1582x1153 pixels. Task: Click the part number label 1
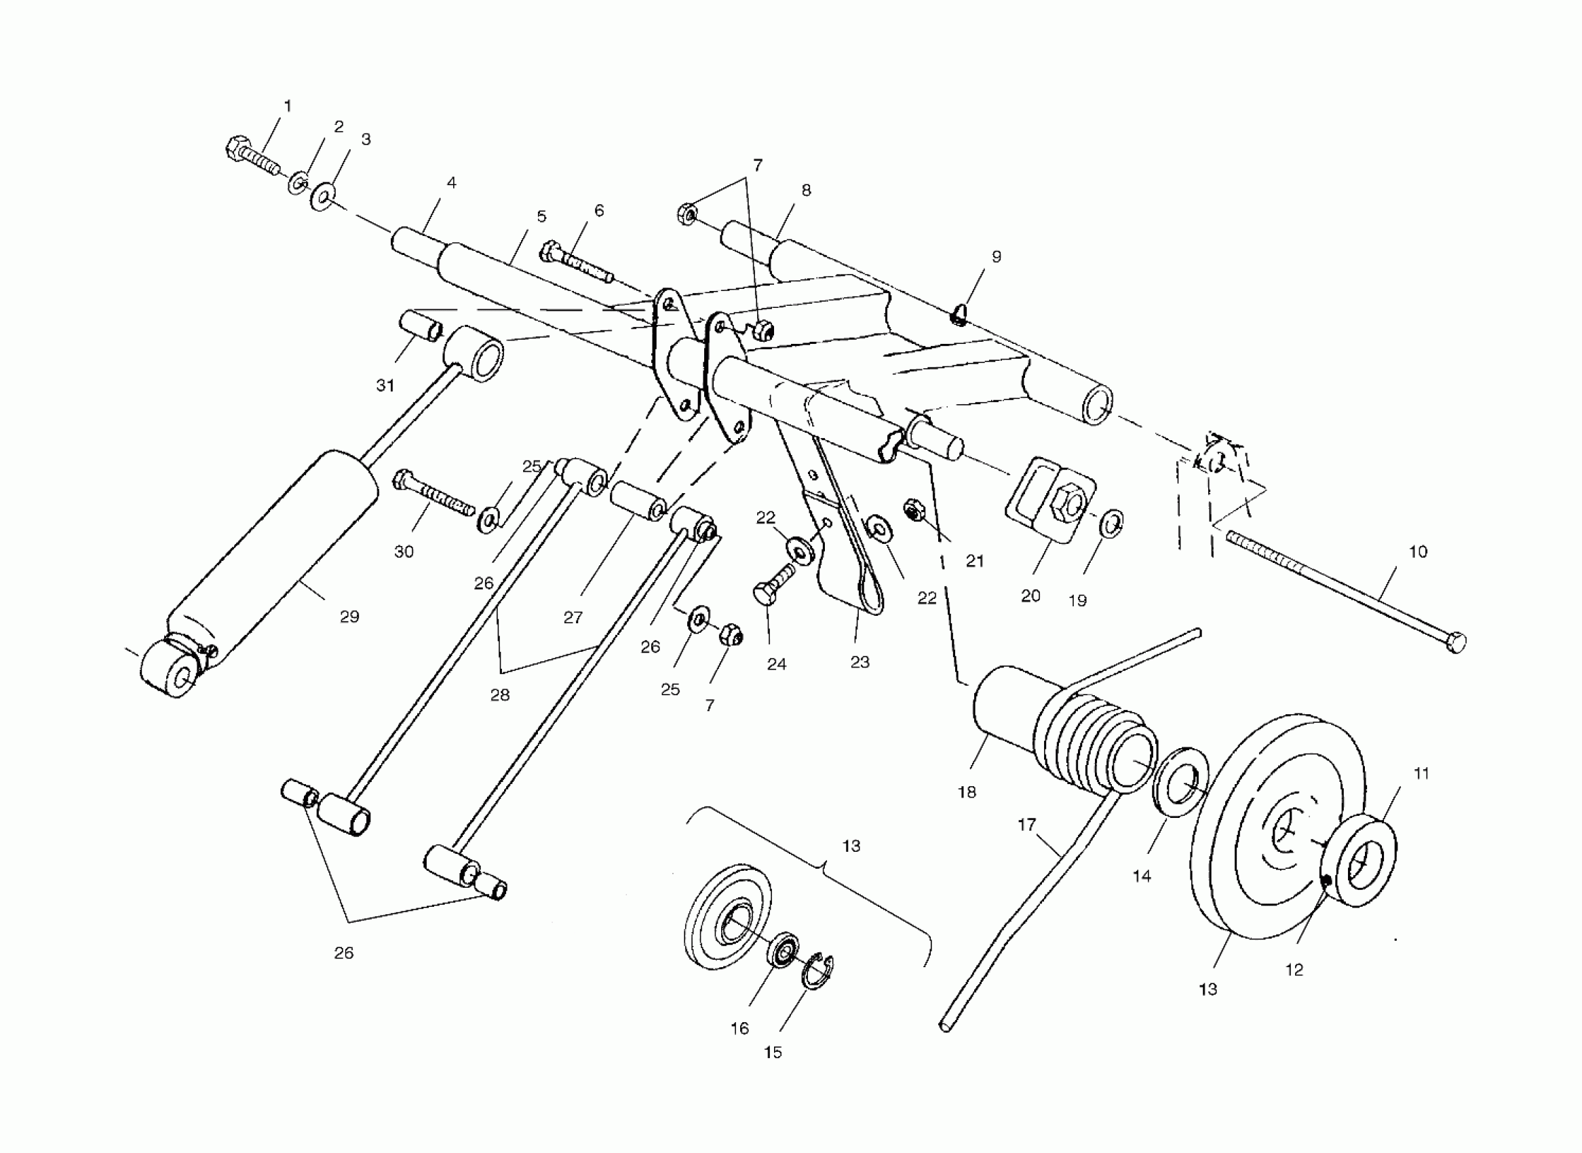(287, 106)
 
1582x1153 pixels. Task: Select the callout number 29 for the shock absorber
(349, 617)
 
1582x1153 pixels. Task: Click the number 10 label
(1417, 551)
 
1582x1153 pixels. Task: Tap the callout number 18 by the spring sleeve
(966, 792)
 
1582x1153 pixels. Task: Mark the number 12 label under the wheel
(1294, 969)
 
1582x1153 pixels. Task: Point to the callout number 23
(860, 662)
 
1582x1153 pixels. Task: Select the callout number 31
(385, 385)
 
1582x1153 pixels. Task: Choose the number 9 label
(997, 257)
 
